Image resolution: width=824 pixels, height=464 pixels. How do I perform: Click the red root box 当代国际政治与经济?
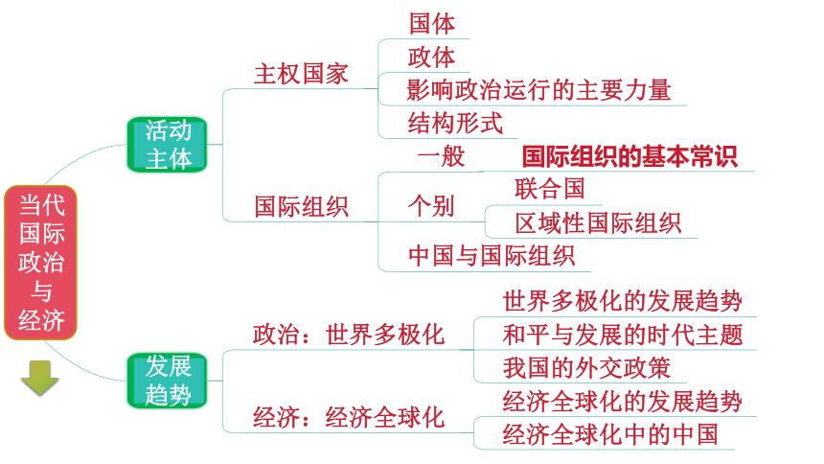[40, 263]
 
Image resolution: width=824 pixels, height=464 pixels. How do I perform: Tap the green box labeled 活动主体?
[167, 145]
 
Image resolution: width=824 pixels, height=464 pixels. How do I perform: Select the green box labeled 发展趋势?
[167, 381]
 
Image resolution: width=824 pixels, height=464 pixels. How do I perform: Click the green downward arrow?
[40, 378]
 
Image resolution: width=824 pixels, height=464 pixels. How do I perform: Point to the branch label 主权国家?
[301, 74]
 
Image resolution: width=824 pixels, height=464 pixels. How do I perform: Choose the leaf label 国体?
[432, 24]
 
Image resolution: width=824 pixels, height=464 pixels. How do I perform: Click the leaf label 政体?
[432, 58]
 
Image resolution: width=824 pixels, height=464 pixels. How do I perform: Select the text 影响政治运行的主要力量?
[538, 90]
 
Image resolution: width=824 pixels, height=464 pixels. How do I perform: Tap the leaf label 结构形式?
[456, 124]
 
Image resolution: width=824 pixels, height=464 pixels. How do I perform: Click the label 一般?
[442, 156]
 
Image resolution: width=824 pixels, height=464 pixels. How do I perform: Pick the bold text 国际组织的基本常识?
[629, 157]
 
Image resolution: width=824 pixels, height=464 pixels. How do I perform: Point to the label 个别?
[431, 206]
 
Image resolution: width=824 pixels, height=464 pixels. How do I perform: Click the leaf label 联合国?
[550, 189]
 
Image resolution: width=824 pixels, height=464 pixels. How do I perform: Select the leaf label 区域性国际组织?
[598, 223]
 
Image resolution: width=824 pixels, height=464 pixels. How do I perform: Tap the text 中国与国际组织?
[492, 256]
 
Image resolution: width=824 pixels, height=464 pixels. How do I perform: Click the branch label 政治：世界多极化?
[349, 336]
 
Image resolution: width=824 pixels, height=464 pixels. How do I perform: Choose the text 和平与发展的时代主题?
[623, 336]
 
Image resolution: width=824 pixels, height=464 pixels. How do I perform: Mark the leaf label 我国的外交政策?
[586, 368]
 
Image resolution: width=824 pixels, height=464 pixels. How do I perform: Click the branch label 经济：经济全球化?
[349, 418]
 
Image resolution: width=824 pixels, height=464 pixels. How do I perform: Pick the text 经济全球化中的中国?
[610, 435]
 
